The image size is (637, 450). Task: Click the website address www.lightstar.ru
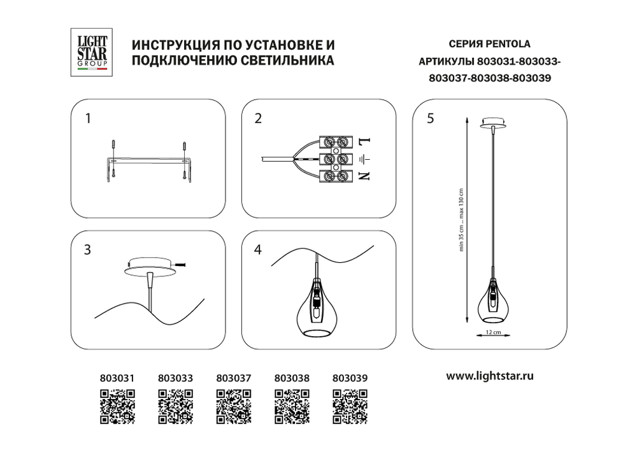coord(490,376)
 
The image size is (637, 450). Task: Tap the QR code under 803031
coord(117,405)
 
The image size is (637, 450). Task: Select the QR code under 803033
coord(175,405)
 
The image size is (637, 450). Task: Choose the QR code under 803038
coord(292,405)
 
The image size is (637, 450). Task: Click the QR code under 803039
coord(350,405)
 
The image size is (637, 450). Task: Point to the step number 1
coord(89,118)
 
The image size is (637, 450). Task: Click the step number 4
coord(257,250)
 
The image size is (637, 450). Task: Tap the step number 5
coord(431,118)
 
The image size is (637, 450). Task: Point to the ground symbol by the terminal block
coord(364,158)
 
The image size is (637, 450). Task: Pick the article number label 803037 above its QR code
coord(233,377)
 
